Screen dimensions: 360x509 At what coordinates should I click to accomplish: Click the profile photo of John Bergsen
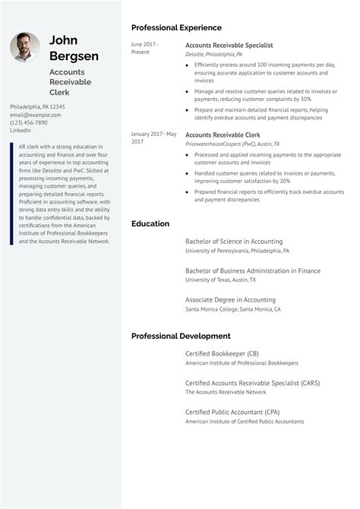(25, 48)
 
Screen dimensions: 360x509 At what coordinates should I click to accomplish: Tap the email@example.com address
(36, 115)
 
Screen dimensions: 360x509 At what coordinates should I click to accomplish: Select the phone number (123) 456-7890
(29, 122)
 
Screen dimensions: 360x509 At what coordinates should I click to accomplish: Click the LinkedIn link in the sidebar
(21, 131)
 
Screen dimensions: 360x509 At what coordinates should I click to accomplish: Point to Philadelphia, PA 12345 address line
(37, 107)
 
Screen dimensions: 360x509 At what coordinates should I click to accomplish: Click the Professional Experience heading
(176, 27)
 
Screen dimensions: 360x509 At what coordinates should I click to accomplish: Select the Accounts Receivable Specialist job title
(229, 45)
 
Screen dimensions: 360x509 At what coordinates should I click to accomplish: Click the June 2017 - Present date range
(144, 49)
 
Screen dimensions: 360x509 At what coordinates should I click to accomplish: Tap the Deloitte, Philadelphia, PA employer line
(214, 55)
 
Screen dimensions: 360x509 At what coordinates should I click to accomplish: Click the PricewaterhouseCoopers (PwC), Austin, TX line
(232, 144)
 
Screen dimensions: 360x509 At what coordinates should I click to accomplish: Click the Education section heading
(150, 223)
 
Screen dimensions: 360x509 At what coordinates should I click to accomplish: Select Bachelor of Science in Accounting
(233, 242)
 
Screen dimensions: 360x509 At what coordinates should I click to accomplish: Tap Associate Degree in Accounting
(230, 299)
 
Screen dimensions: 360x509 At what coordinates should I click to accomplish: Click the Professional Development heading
(181, 336)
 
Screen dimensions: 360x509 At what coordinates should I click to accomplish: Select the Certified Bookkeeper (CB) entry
(222, 353)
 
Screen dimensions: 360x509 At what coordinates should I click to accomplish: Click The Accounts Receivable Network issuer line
(226, 392)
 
